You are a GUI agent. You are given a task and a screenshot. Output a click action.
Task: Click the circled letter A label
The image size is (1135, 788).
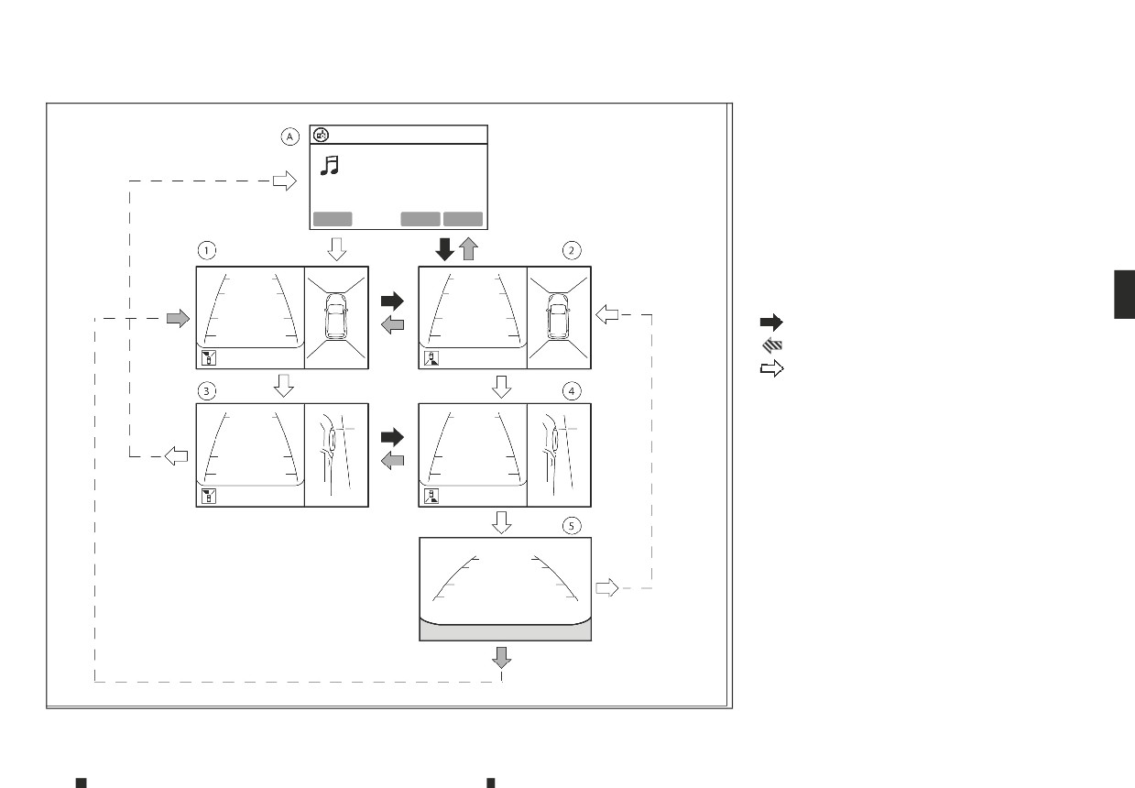tap(289, 137)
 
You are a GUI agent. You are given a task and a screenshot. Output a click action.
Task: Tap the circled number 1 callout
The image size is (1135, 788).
tap(207, 250)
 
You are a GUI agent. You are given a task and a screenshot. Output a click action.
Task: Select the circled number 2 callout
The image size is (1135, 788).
tap(572, 250)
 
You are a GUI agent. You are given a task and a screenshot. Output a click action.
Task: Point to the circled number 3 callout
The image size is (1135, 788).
tap(207, 391)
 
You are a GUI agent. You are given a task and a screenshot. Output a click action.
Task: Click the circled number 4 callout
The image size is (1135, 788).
tap(572, 391)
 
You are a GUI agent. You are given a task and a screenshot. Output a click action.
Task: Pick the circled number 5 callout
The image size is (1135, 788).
tap(572, 526)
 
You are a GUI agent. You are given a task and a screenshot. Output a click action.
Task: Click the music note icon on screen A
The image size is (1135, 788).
tap(330, 166)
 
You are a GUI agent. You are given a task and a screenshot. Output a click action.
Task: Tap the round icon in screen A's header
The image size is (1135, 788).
tap(322, 136)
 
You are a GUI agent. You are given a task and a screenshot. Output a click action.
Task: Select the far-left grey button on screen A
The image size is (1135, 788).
tap(333, 219)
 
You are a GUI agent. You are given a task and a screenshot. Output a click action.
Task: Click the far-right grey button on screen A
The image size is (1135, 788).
tap(464, 219)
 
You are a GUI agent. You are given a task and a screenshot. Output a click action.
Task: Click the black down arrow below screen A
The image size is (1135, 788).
tap(445, 249)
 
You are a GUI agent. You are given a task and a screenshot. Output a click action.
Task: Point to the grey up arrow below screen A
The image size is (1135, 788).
tap(468, 249)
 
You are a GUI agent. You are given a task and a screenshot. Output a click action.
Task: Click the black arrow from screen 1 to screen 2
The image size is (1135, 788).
tap(392, 301)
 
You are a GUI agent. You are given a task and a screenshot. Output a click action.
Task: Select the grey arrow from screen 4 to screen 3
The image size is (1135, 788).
tap(392, 461)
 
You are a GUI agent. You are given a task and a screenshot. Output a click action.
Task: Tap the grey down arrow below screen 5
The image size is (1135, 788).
tap(502, 658)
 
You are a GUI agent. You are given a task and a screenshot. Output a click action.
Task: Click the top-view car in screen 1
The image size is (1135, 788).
tap(336, 317)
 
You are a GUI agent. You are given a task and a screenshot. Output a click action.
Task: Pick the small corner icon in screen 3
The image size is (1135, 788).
tap(209, 496)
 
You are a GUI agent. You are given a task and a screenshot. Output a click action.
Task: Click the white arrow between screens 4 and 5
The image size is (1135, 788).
tap(502, 522)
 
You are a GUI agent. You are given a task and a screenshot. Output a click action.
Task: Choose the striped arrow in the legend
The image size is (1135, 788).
tap(772, 345)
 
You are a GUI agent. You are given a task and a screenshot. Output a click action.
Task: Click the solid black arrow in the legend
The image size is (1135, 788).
tap(771, 322)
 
